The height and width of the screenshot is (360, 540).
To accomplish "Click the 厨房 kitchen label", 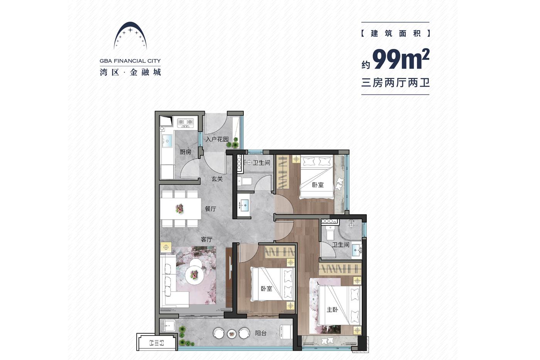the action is click(186, 152).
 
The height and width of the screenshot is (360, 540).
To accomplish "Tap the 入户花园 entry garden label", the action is click(217, 139).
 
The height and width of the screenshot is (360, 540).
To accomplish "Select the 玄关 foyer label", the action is click(217, 179).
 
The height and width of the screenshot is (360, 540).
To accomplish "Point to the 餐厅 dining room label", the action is click(211, 209).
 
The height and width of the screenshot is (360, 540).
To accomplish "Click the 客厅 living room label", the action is click(207, 240).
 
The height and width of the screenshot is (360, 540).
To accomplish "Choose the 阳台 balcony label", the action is click(261, 333).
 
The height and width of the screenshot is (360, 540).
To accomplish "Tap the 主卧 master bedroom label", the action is click(332, 309).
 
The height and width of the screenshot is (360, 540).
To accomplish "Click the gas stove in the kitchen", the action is click(186, 123).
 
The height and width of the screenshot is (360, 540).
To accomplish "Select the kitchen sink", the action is click(167, 141).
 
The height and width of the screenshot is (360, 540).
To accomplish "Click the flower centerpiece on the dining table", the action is click(180, 208).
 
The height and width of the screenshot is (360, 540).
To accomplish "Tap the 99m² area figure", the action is click(401, 59).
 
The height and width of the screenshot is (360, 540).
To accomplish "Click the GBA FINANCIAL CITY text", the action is click(130, 61).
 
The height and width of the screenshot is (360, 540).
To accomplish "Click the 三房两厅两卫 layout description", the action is click(395, 83).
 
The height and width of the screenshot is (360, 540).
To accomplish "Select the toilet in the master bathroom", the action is click(329, 232).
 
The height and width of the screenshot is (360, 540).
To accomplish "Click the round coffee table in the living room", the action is click(194, 274).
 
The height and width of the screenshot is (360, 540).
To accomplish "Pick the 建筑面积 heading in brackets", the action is click(395, 33).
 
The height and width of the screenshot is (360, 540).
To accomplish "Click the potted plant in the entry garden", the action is click(232, 143).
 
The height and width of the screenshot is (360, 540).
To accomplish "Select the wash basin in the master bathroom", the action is click(356, 250).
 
